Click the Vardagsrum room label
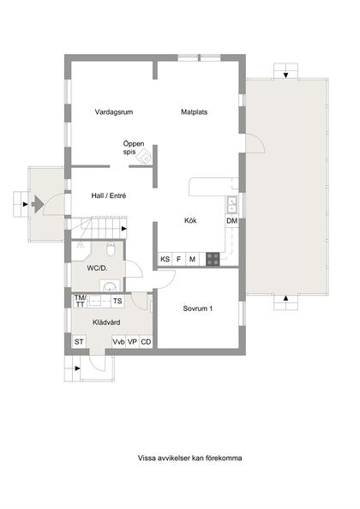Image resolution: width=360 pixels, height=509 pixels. pyautogui.click(x=114, y=112)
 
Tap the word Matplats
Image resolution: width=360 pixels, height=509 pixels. pyautogui.click(x=195, y=112)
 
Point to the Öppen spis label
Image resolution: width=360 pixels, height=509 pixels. pyautogui.click(x=132, y=147)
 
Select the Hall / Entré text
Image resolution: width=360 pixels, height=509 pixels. pyautogui.click(x=109, y=196)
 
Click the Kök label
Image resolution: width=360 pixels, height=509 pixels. pyautogui.click(x=191, y=220)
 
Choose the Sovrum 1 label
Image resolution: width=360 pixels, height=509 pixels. pyautogui.click(x=198, y=308)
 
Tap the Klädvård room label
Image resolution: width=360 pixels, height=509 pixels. pyautogui.click(x=105, y=322)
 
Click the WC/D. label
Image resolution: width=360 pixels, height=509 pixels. pyautogui.click(x=96, y=268)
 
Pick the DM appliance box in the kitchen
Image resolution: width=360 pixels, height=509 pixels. pyautogui.click(x=231, y=221)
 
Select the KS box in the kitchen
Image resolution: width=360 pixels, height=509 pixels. pyautogui.click(x=165, y=259)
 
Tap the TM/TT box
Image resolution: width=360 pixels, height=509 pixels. pyautogui.click(x=81, y=301)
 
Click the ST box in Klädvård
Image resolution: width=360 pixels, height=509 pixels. pyautogui.click(x=79, y=343)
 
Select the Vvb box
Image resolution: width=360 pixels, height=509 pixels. pyautogui.click(x=119, y=343)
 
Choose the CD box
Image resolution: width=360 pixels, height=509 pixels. pyautogui.click(x=147, y=343)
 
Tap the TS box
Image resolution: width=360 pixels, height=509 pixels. pyautogui.click(x=117, y=302)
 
